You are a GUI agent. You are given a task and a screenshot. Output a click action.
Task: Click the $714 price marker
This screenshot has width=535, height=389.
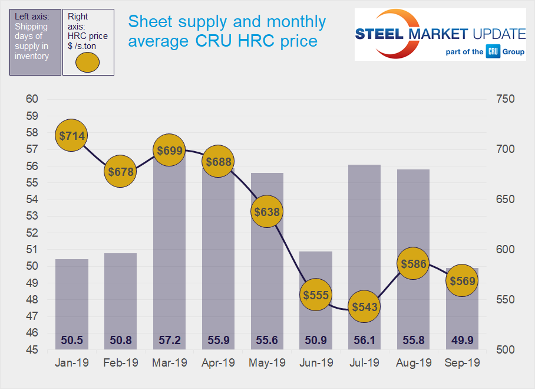[x=71, y=135]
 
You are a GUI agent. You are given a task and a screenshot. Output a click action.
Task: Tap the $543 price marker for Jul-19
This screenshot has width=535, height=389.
[x=364, y=307]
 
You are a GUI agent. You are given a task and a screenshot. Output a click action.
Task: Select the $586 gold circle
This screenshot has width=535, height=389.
[x=413, y=264]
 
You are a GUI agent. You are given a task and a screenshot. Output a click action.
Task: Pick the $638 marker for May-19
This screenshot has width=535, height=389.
[x=267, y=211]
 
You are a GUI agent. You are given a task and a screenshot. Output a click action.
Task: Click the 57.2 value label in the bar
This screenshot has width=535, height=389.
[x=169, y=341]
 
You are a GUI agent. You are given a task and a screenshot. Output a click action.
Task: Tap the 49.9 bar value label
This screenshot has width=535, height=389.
[x=462, y=341]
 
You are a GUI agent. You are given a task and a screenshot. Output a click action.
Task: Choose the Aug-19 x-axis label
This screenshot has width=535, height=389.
[x=413, y=363]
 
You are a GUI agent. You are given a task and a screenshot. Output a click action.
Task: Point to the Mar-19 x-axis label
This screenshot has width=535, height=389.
[x=169, y=363]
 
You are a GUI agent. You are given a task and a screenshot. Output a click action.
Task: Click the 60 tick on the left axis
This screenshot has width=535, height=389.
[x=32, y=99]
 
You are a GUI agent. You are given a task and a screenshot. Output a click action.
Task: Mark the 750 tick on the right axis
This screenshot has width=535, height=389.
[x=505, y=99]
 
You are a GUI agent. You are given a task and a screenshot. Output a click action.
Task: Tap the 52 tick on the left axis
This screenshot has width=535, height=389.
[x=32, y=233]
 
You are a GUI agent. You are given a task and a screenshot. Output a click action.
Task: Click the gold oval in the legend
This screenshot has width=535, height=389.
[x=88, y=62]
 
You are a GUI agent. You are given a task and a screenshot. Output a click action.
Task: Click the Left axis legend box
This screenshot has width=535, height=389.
[x=35, y=42]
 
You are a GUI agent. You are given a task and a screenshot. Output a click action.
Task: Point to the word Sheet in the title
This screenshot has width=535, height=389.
[x=148, y=22]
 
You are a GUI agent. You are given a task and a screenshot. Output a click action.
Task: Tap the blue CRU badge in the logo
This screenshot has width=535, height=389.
[x=493, y=52]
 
